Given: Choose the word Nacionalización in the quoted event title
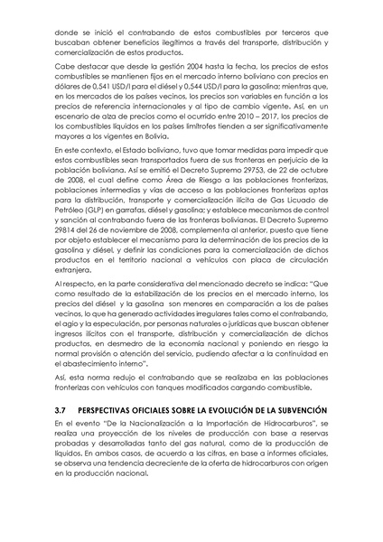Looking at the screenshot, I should [158, 423].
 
